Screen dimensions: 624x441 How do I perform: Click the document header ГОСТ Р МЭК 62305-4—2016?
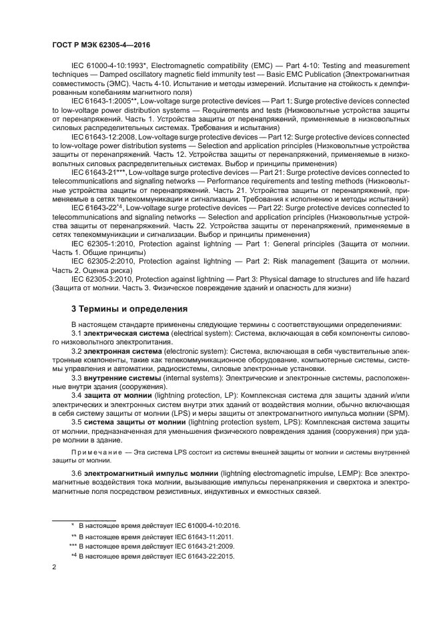(101, 45)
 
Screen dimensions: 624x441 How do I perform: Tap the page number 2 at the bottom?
(54, 567)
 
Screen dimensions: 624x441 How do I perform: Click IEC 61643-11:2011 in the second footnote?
(183, 537)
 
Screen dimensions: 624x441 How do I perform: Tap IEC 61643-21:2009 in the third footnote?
(183, 547)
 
